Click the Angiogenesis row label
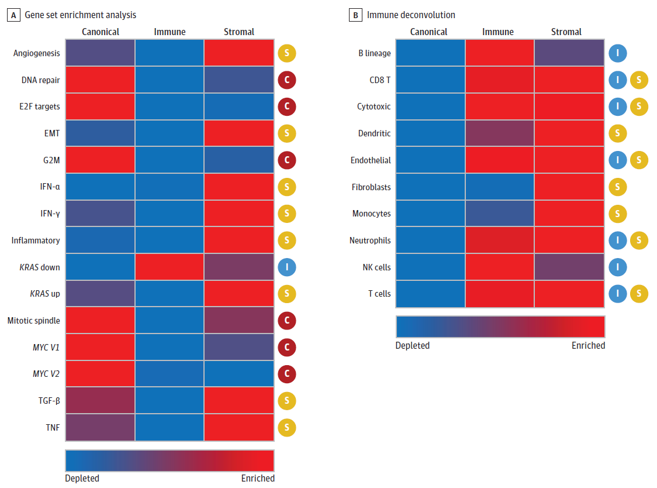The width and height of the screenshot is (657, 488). (x=36, y=53)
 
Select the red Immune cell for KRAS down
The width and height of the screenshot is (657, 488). (x=170, y=267)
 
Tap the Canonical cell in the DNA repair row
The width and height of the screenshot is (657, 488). (x=100, y=80)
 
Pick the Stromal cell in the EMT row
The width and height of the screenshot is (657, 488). (x=239, y=133)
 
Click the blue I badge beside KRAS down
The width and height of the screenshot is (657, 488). (x=286, y=267)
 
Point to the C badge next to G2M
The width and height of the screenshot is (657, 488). (x=286, y=160)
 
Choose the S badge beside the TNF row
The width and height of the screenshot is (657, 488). (x=286, y=427)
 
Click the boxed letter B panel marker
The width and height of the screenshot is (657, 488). (x=355, y=15)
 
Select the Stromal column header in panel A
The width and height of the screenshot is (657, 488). (x=239, y=32)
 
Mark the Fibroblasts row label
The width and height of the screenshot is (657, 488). (x=371, y=187)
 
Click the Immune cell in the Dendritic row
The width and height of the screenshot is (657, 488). (x=500, y=133)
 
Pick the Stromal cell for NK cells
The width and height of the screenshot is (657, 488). (x=569, y=267)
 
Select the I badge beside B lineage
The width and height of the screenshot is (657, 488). (x=617, y=53)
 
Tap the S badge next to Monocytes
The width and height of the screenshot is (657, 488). (x=617, y=214)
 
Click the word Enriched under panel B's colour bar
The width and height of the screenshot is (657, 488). (x=588, y=345)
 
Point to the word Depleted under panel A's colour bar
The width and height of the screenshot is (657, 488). (x=82, y=478)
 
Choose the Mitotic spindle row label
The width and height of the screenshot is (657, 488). (x=33, y=320)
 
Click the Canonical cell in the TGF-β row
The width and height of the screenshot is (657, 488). (x=100, y=400)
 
